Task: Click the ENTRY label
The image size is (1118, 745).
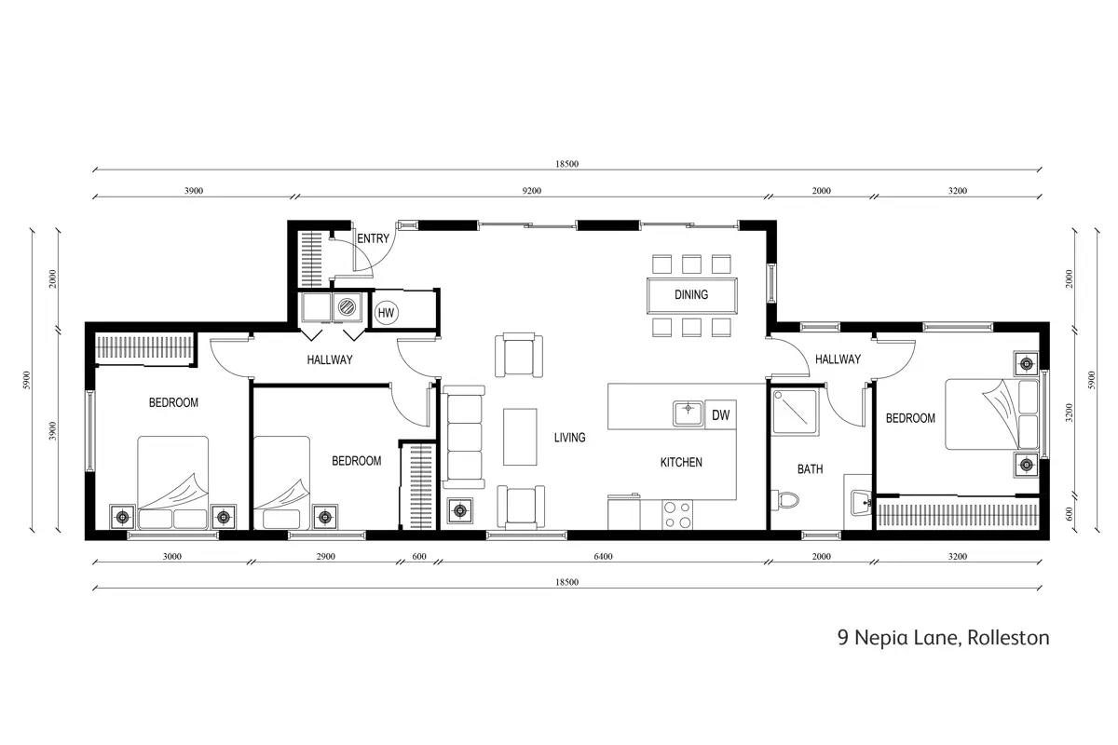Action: (373, 238)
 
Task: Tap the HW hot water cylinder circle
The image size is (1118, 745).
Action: (386, 313)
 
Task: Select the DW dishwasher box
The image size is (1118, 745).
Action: (720, 414)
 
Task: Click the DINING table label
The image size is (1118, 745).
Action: (691, 294)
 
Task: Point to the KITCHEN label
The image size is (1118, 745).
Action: (681, 462)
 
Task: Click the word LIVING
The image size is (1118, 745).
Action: (569, 438)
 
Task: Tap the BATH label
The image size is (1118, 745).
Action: (810, 469)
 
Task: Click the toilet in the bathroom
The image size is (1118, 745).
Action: (785, 500)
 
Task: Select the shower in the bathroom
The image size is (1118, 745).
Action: (795, 413)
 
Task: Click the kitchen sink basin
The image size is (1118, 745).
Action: (688, 413)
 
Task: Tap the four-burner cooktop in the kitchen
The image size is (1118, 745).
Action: (677, 514)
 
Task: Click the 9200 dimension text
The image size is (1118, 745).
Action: (532, 191)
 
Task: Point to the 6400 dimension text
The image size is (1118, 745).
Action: (603, 556)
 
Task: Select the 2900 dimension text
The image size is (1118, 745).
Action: (325, 556)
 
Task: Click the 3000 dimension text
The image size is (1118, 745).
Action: (172, 556)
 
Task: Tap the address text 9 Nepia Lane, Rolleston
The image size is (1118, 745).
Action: (943, 638)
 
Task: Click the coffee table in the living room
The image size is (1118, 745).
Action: (520, 437)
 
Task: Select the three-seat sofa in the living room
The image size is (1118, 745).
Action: (464, 437)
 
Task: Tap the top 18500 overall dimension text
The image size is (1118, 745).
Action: (567, 164)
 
